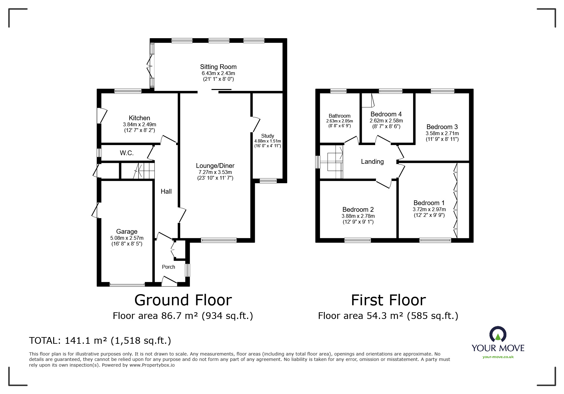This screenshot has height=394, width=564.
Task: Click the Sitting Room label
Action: coord(218,67)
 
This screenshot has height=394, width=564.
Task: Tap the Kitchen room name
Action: coord(139,118)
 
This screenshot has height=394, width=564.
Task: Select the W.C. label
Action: coord(127,153)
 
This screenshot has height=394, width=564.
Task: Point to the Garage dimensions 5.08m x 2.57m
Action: coord(127,238)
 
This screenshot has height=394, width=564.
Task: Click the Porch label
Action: coord(168,267)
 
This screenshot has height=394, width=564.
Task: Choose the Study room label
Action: coord(268,136)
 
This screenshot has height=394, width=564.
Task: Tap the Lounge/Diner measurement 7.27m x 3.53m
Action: coord(215,172)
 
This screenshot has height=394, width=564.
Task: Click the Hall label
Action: coord(166,191)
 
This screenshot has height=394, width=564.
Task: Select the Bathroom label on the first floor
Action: coord(339,116)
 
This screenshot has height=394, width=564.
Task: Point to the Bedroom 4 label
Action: coord(386,114)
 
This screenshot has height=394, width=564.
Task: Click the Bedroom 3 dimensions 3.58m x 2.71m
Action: coord(442,134)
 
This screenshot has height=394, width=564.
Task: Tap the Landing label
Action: coord(372,162)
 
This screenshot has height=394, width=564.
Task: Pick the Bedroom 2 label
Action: coord(358,210)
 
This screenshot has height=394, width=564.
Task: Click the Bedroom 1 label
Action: coord(429,203)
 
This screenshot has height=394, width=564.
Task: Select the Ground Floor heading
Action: coord(183,300)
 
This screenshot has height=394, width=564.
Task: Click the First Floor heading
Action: coord(388,300)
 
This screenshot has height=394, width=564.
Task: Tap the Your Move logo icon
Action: coord(498,335)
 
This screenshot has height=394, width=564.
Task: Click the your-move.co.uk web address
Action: coord(498,357)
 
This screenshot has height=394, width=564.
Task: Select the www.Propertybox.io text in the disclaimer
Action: coord(152,365)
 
